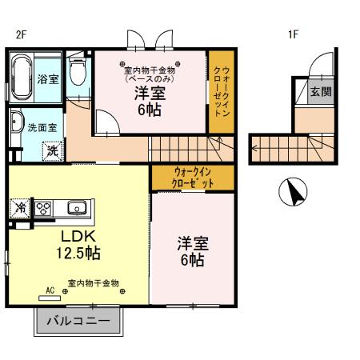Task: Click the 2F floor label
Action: pyautogui.click(x=21, y=34)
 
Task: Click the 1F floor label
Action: pyautogui.click(x=294, y=34)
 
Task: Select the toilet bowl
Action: pyautogui.click(x=77, y=74)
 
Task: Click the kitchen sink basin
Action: pyautogui.click(x=77, y=208)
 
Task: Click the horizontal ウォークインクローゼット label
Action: pyautogui.click(x=194, y=178)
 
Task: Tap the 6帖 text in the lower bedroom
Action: pyautogui.click(x=192, y=261)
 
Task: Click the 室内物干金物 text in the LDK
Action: pyautogui.click(x=93, y=282)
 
